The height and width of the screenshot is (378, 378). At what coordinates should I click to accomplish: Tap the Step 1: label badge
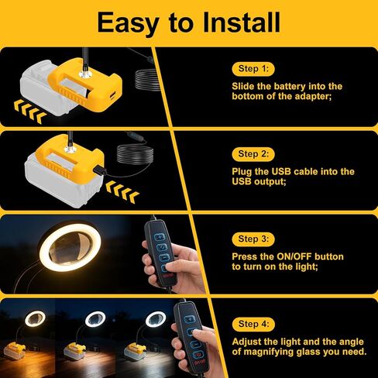click(x=253, y=69)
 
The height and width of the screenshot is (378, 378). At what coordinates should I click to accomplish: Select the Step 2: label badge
click(x=253, y=153)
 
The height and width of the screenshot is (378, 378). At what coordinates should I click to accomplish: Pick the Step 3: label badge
click(x=253, y=238)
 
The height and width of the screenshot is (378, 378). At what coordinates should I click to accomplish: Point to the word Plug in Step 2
click(x=244, y=170)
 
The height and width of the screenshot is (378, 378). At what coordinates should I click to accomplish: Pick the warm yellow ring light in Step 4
click(x=35, y=318)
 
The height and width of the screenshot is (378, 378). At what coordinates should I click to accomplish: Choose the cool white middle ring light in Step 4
click(x=95, y=318)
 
